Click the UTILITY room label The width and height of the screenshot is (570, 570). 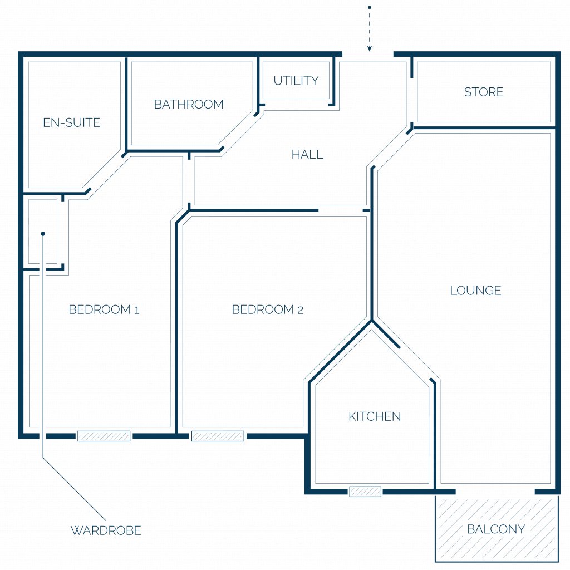[x=296, y=80]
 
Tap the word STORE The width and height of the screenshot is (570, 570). [x=484, y=92]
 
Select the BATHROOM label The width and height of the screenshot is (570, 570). [x=189, y=104]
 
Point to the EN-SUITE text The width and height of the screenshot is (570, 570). [x=71, y=122]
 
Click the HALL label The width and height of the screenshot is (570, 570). [x=307, y=155]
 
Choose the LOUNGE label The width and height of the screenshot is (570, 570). [x=475, y=291]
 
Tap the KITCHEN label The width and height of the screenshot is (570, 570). [x=375, y=416]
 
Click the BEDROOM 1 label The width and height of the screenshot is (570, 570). [x=104, y=309]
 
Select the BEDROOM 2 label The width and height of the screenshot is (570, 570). [x=268, y=309]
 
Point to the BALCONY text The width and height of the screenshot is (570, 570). [x=496, y=529]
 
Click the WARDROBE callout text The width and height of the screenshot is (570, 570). [x=106, y=530]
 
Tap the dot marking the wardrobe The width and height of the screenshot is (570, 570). [x=43, y=234]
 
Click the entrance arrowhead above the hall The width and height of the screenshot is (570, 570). [x=370, y=48]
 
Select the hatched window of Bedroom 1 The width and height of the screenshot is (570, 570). [x=104, y=436]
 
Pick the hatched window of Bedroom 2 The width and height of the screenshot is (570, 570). [x=218, y=436]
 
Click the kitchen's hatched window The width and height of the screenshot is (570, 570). [x=365, y=492]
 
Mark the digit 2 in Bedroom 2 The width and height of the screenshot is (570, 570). [x=300, y=310]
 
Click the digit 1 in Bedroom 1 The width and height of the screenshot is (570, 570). [x=137, y=310]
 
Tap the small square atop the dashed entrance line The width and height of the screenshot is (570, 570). [x=370, y=7]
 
